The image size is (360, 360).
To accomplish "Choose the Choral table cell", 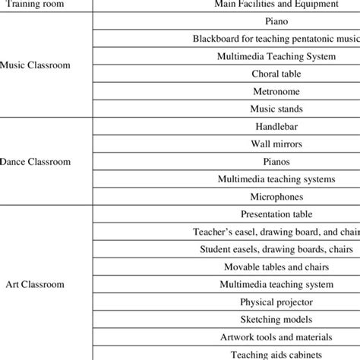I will pos(276,74).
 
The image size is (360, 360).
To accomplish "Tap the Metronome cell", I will pos(276,92).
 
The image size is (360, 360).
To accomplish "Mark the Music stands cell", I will pos(276,109).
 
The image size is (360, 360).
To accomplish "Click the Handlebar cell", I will pos(276,127).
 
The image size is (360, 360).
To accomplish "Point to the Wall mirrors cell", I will pos(276,144).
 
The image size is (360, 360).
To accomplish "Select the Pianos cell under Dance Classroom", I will pos(276,162).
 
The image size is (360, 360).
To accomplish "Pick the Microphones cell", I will pos(276,197).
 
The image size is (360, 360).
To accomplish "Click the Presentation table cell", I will pos(276,214).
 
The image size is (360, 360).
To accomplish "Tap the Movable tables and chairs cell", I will pos(276,267).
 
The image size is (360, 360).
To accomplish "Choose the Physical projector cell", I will pos(276,302).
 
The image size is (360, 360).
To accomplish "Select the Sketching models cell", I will pos(276,319).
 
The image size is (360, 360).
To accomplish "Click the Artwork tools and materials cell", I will pos(276,336).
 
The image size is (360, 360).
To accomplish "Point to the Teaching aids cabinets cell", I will pos(276,353).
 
